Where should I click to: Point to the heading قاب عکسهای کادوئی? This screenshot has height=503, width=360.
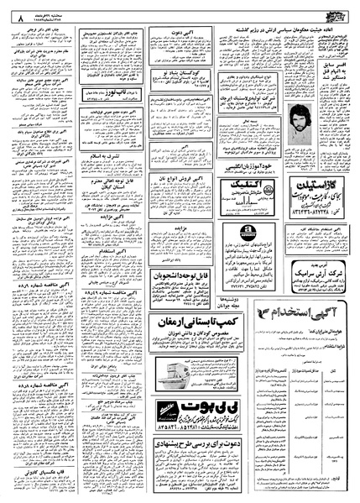point(34,474)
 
